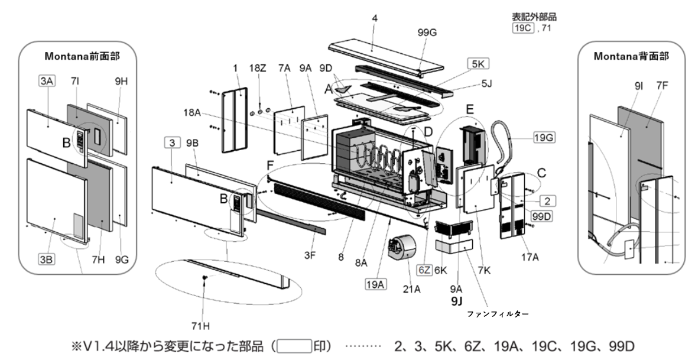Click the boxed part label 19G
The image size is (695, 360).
coord(544,137)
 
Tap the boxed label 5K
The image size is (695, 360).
coord(478,64)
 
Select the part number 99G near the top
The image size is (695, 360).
coord(427,33)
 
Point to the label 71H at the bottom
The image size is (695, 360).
coord(200,326)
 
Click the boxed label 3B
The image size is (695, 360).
coord(46,259)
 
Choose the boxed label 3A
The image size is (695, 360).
coord(47,80)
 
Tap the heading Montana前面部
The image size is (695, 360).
coord(82,56)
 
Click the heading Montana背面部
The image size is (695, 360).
coord(631,56)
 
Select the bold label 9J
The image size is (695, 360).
coord(456,301)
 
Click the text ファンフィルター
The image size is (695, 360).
coord(498,314)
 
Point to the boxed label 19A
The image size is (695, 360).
coord(375,284)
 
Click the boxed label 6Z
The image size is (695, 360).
coord(424,270)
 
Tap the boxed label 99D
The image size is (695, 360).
coord(541,216)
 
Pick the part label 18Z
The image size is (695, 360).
coord(258,68)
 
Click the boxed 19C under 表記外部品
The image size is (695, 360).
coord(523,28)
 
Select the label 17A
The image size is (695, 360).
coord(530,257)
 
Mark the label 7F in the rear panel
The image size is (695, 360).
coord(662,86)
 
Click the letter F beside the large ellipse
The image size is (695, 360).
coord(271,166)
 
